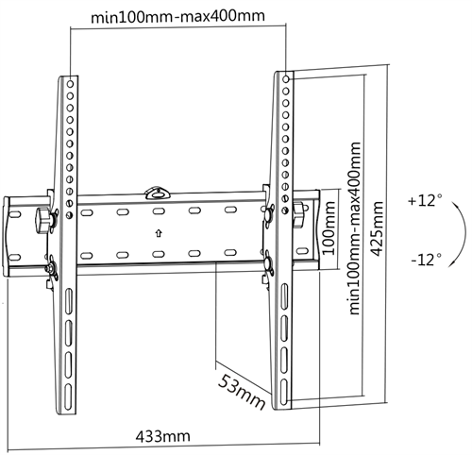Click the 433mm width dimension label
click(x=163, y=436)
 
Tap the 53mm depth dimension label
click(x=242, y=392)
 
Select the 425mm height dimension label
click(x=378, y=229)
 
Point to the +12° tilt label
click(x=425, y=200)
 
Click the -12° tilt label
click(x=426, y=260)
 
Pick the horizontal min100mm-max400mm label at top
click(x=177, y=16)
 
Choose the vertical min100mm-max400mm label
click(x=355, y=228)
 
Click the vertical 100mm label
click(x=329, y=228)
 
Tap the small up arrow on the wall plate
click(x=159, y=233)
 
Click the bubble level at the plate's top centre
click(x=157, y=194)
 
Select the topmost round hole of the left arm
click(x=70, y=84)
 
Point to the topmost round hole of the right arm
click(x=286, y=79)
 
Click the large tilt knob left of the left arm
click(x=43, y=220)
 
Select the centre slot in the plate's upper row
click(x=159, y=211)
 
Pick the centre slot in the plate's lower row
click(x=159, y=254)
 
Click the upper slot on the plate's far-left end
click(x=14, y=214)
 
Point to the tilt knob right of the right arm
click(x=298, y=214)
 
